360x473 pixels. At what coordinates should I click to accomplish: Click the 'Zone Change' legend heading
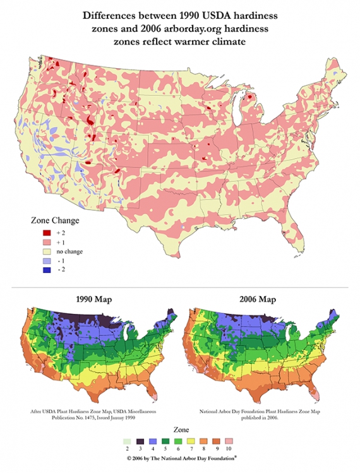click(55, 221)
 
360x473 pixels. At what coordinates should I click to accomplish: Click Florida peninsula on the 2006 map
click(322, 392)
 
